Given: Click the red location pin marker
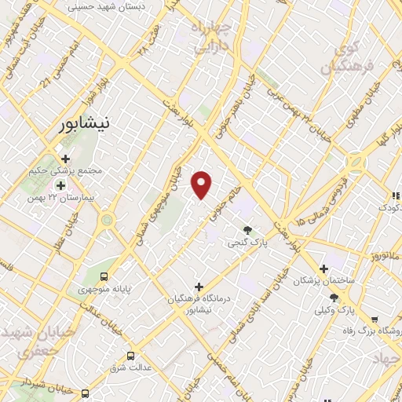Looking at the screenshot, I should pos(203,184).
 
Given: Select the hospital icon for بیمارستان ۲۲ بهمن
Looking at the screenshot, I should pos(60,186).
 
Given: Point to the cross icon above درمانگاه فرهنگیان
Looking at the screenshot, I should pos(199,287).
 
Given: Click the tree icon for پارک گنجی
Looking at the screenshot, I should pos(248,230).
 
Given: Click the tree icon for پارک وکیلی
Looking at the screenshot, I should pos(334,298).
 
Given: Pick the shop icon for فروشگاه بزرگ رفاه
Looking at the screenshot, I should pos(375,320).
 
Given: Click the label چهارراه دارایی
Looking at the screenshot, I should pos(213,37).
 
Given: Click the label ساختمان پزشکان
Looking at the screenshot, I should pos(325,280).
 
